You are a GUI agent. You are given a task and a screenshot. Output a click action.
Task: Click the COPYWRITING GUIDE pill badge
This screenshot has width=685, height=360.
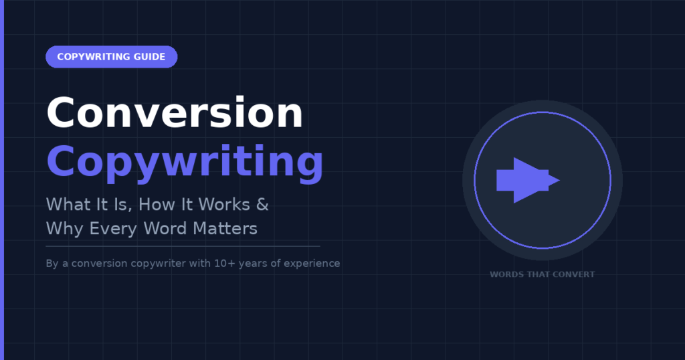tap(112, 57)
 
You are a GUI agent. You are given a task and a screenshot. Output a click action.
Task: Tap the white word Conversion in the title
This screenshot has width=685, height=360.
tap(175, 112)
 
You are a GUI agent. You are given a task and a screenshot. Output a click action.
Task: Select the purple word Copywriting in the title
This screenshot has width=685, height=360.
tap(185, 163)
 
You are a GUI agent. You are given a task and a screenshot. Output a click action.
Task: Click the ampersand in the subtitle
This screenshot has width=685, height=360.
tap(262, 205)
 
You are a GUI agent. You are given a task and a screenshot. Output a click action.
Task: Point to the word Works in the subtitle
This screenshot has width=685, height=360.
tap(223, 205)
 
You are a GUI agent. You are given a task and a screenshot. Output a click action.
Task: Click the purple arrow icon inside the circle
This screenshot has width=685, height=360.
tap(528, 180)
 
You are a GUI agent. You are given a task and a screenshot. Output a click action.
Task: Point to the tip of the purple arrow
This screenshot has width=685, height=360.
tap(560, 180)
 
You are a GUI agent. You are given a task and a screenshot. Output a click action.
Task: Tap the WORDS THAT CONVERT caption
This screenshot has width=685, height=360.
tap(542, 274)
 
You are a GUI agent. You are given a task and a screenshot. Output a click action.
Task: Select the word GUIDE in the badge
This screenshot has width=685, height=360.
tap(149, 57)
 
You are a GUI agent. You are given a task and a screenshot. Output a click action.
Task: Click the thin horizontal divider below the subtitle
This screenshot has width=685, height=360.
tap(183, 246)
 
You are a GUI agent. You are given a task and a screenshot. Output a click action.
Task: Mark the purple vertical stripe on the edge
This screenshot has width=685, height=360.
tap(2, 180)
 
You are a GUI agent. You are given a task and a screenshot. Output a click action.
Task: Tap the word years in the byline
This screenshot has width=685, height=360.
tap(252, 264)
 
